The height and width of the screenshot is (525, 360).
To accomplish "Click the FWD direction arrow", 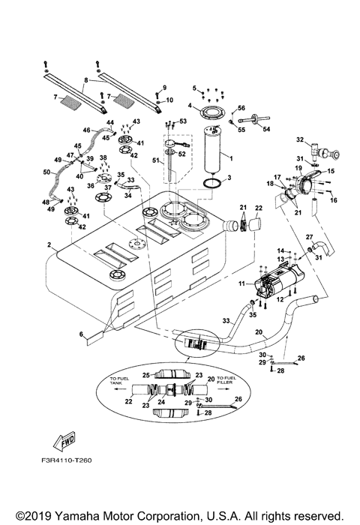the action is click(x=64, y=441).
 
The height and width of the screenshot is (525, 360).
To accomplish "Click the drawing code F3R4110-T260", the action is click(x=66, y=460).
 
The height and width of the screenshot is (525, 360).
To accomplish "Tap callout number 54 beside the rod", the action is click(x=266, y=129).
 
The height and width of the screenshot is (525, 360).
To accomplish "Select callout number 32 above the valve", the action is click(x=300, y=139).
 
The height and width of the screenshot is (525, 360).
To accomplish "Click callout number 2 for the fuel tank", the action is click(x=49, y=245).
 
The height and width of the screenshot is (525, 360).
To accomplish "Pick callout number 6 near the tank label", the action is click(x=81, y=334).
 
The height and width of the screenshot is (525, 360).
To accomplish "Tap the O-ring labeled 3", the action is click(x=213, y=184).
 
